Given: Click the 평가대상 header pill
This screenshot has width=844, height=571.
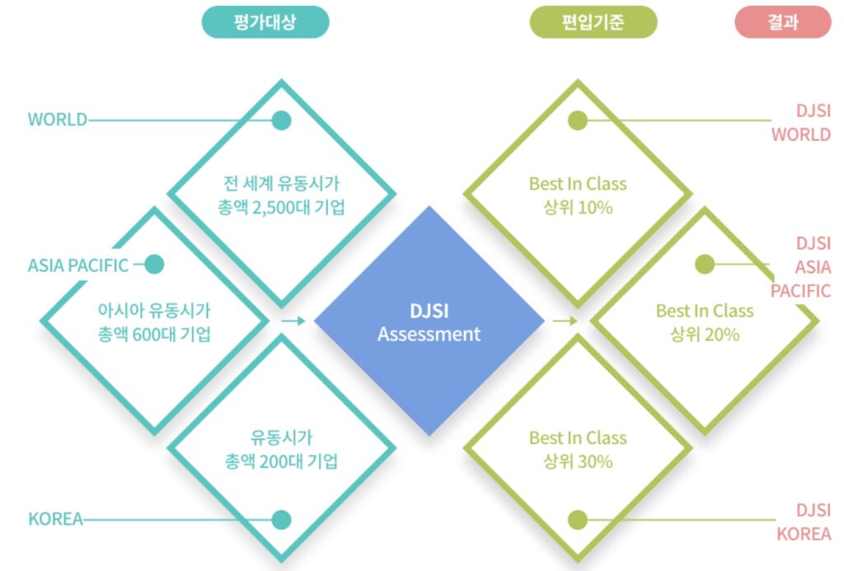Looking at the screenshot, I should pyautogui.click(x=265, y=22).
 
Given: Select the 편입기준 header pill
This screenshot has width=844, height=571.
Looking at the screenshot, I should pyautogui.click(x=593, y=22).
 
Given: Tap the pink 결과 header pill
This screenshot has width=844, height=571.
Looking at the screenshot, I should pyautogui.click(x=782, y=22).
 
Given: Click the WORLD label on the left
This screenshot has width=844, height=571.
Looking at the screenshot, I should pyautogui.click(x=57, y=120).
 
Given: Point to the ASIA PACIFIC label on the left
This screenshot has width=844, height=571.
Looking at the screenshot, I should pyautogui.click(x=78, y=265).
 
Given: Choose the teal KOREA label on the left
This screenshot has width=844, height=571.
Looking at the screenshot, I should pyautogui.click(x=55, y=520).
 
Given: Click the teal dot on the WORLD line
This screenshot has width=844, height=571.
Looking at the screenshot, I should pyautogui.click(x=282, y=120).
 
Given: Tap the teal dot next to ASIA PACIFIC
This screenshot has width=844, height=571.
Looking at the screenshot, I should pyautogui.click(x=154, y=264).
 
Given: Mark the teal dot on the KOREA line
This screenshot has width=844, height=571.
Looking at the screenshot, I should pyautogui.click(x=282, y=520).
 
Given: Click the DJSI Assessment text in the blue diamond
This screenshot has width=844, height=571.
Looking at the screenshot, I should pyautogui.click(x=429, y=323).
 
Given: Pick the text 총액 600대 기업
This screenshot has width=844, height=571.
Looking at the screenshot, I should pyautogui.click(x=154, y=335).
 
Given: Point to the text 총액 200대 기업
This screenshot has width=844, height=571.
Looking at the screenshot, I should pyautogui.click(x=281, y=461).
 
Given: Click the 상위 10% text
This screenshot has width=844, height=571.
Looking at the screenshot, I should pyautogui.click(x=578, y=208).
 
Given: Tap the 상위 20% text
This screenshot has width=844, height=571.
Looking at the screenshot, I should pyautogui.click(x=705, y=335).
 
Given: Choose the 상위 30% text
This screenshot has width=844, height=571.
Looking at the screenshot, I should pyautogui.click(x=578, y=461).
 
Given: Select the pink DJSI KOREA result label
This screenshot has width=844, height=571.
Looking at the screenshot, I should pyautogui.click(x=804, y=522).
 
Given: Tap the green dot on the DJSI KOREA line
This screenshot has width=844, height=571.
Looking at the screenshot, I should pyautogui.click(x=578, y=520).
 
